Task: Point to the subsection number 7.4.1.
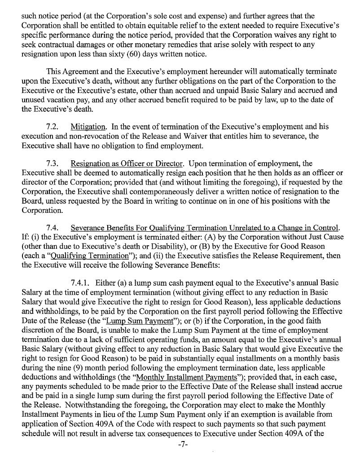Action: point(81,282)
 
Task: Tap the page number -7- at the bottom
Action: point(180,458)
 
